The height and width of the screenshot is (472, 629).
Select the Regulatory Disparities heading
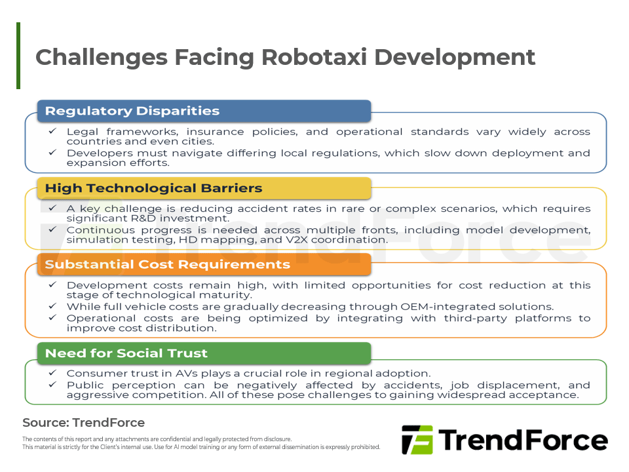click(132, 111)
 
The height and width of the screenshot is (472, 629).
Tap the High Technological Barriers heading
click(153, 188)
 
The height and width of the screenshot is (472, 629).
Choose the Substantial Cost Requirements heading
click(167, 264)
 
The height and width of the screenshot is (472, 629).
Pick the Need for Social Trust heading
click(126, 353)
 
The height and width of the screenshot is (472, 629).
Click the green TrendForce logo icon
click(417, 440)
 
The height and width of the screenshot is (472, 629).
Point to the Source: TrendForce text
click(83, 423)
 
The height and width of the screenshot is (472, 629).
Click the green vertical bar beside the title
click(18, 56)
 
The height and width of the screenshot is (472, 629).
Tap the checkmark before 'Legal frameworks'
click(52, 131)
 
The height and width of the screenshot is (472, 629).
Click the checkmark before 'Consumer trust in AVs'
click(52, 372)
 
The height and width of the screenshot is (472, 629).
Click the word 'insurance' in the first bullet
click(215, 132)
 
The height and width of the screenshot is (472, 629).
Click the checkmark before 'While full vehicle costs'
click(52, 306)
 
